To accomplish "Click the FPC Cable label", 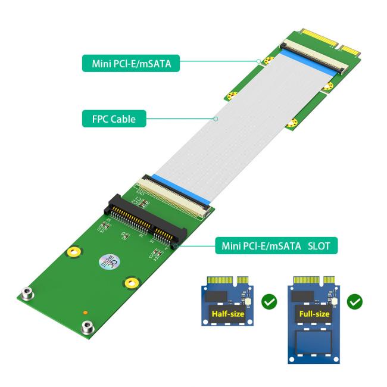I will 114,119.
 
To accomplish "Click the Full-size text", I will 314,313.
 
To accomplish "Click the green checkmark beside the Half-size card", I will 270,302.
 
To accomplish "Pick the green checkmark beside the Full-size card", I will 355,302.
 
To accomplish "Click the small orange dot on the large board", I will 86,312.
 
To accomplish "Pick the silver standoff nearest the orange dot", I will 87,326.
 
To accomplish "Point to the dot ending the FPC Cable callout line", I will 216,119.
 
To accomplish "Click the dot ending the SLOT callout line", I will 173,245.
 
